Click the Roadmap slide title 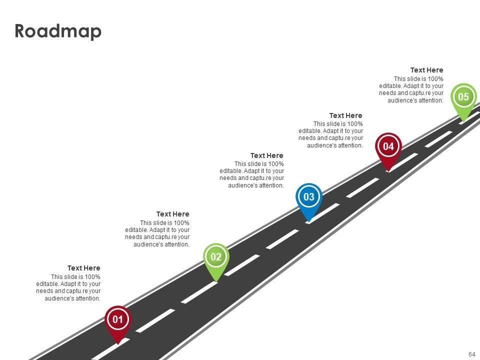tap(58, 31)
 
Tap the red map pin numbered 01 tap(118, 324)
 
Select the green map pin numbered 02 tap(216, 261)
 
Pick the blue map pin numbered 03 tap(309, 201)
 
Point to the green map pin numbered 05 tap(464, 101)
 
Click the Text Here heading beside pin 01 tap(84, 268)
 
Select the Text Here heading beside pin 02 tap(173, 214)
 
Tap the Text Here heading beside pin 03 tap(267, 155)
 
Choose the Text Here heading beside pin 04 tap(346, 115)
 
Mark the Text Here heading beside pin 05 tap(426, 70)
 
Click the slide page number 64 tap(471, 354)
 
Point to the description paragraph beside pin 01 tap(68, 287)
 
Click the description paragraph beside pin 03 tap(251, 174)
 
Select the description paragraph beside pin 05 tap(411, 89)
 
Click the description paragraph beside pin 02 tap(157, 233)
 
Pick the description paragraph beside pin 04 tap(330, 134)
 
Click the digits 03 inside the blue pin tap(309, 196)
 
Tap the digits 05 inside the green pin tap(463, 96)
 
